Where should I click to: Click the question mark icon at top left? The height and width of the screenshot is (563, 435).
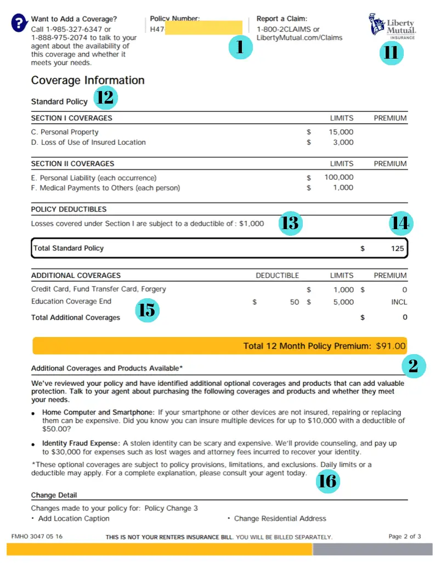pyautogui.click(x=19, y=23)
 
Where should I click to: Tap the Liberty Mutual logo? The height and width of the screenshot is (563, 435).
pyautogui.click(x=392, y=26)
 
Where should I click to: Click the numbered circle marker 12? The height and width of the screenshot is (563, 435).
pyautogui.click(x=105, y=98)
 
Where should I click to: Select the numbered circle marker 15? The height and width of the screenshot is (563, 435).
pyautogui.click(x=146, y=310)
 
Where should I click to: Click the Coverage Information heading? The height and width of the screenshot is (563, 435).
pyautogui.click(x=88, y=81)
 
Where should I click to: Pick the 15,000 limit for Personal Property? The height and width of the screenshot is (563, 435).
pyautogui.click(x=341, y=132)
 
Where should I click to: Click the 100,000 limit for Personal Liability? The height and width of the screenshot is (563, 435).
pyautogui.click(x=339, y=178)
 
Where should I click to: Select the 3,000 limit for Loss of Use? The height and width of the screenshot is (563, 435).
pyautogui.click(x=343, y=143)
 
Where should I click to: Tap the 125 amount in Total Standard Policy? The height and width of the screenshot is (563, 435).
pyautogui.click(x=397, y=248)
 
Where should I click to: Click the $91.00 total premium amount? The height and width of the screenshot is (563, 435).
pyautogui.click(x=391, y=346)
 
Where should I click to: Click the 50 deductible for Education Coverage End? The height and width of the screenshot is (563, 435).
pyautogui.click(x=295, y=302)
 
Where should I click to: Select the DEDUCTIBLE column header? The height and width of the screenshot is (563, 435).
pyautogui.click(x=277, y=276)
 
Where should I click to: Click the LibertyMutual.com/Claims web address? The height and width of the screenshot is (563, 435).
pyautogui.click(x=299, y=38)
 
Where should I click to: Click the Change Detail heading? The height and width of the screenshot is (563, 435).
pyautogui.click(x=54, y=496)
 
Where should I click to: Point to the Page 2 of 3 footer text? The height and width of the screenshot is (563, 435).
pyautogui.click(x=404, y=537)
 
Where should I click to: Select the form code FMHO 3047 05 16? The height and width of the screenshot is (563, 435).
pyautogui.click(x=37, y=537)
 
